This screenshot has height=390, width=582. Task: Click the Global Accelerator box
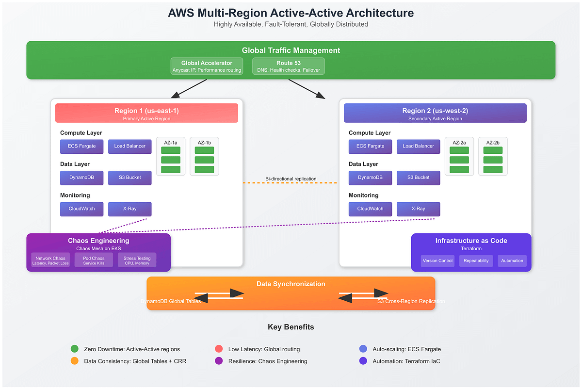[207, 66]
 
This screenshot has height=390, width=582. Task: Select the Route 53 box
[289, 66]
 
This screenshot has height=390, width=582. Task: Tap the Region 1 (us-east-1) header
[146, 113]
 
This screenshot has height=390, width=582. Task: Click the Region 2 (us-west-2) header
[435, 113]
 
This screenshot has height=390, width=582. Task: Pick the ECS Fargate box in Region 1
[82, 146]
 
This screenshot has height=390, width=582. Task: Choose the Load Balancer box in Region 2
[418, 146]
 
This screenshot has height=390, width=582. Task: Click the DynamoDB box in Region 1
[82, 178]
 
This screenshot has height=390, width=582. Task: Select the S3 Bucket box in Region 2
[418, 178]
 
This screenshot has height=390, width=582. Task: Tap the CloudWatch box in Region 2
[370, 209]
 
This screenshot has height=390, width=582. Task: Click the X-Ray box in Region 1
[130, 209]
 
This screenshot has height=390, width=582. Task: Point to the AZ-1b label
[204, 142]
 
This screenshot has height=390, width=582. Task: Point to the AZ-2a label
[459, 142]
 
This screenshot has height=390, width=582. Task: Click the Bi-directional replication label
[291, 179]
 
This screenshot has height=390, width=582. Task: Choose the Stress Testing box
[137, 260]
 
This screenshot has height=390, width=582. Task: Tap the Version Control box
[437, 260]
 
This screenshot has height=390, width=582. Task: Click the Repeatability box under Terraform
[476, 260]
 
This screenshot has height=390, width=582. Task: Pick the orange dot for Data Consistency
[74, 361]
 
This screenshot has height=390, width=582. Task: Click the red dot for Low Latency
[219, 349]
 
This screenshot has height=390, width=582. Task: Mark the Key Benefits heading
[291, 327]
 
